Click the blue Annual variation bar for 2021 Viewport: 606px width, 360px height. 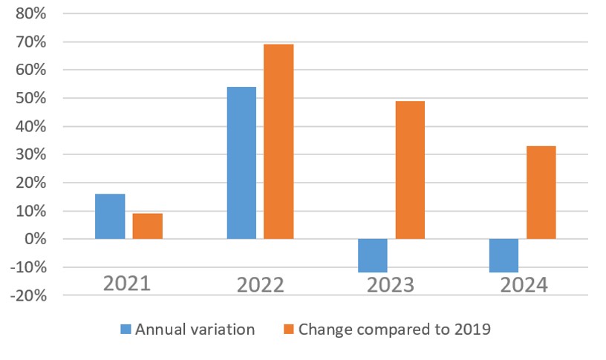point(110,216)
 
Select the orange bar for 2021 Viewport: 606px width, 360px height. point(148,226)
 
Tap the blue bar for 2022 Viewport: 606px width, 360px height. point(241,163)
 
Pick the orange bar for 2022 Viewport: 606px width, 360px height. point(278,141)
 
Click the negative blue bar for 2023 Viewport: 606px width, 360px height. point(372,255)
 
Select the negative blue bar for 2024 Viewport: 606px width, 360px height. point(504,255)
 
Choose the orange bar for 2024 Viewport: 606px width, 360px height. point(541,192)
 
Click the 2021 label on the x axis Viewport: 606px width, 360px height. point(127,284)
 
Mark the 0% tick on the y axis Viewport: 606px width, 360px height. point(34,239)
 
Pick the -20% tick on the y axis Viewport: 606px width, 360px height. point(27,295)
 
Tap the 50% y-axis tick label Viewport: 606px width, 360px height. point(30,99)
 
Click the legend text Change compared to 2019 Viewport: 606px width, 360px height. point(394,330)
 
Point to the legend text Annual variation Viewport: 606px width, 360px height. point(195,330)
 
